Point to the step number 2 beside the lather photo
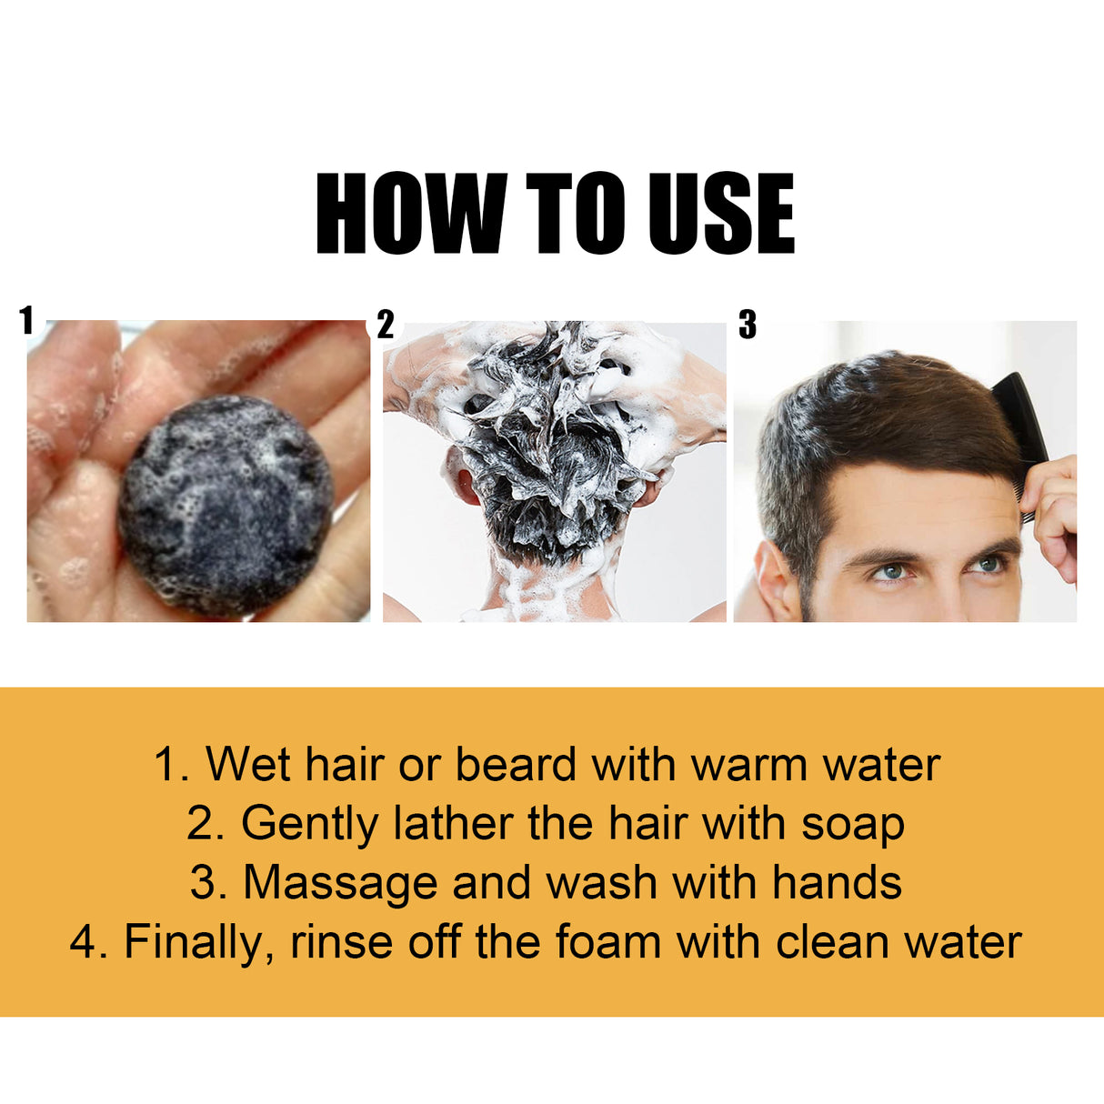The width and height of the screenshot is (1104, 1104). pyautogui.click(x=386, y=325)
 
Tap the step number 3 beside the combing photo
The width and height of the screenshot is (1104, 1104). pyautogui.click(x=747, y=325)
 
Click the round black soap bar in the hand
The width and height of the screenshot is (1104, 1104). pyautogui.click(x=226, y=505)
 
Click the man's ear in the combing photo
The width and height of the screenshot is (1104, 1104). pyautogui.click(x=776, y=577)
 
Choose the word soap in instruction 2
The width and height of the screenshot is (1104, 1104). pyautogui.click(x=853, y=824)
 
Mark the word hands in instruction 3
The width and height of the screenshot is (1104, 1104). pyautogui.click(x=837, y=883)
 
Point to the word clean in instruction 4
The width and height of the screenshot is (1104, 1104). pyautogui.click(x=832, y=942)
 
